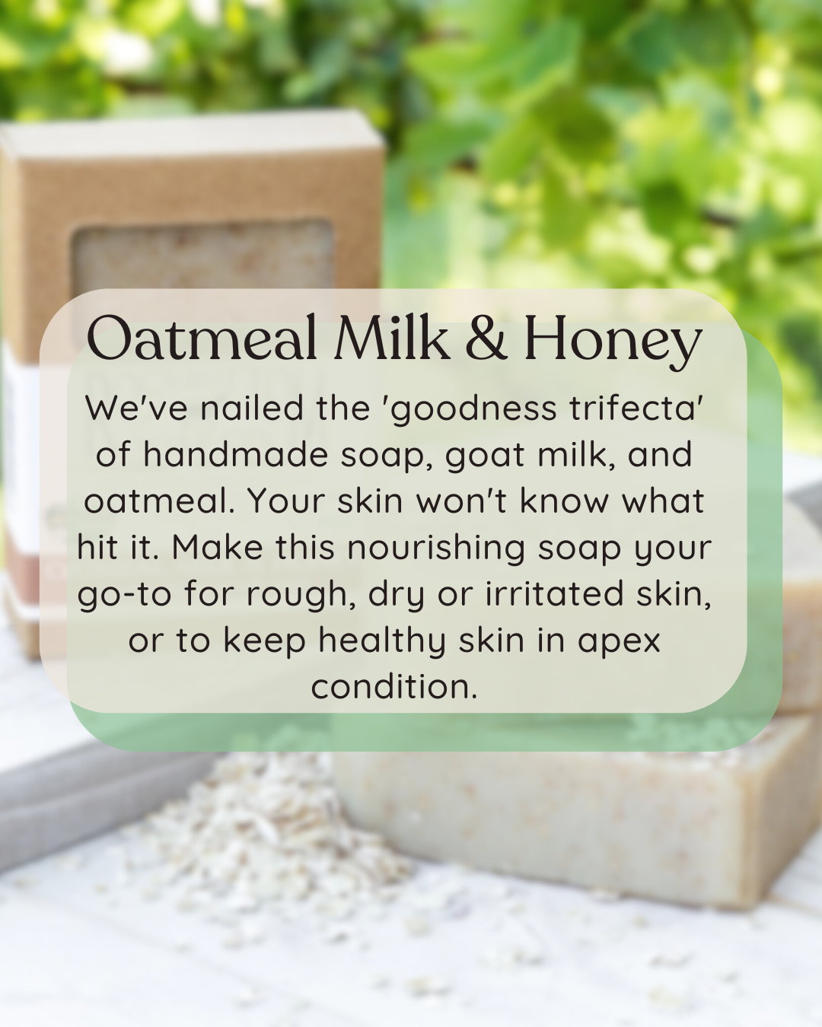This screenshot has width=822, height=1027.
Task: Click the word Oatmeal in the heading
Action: click(202, 339)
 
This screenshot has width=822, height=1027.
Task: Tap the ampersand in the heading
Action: click(486, 339)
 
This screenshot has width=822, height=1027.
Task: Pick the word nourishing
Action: click(436, 548)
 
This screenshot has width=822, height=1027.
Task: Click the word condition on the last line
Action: click(393, 687)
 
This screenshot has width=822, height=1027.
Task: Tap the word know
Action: click(564, 501)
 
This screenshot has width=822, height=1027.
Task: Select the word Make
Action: click(217, 548)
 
